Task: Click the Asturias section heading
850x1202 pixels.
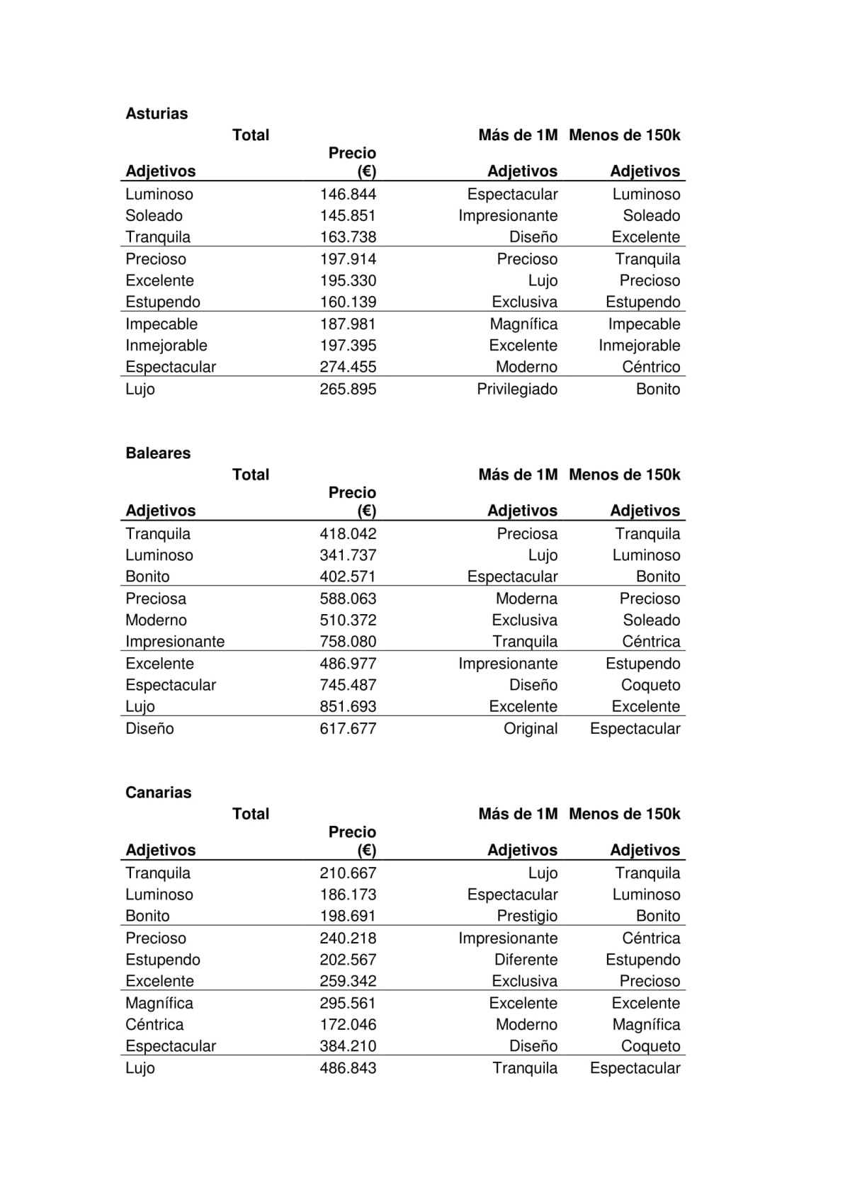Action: click(x=157, y=113)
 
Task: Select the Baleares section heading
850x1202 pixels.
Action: click(x=158, y=453)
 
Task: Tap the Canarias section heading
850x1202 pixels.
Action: click(x=158, y=792)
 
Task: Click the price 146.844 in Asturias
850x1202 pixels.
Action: click(x=348, y=194)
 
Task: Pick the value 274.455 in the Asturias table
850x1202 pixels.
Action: click(x=348, y=367)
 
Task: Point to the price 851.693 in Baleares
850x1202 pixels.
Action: click(x=348, y=706)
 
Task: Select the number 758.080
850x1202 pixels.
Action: click(x=348, y=641)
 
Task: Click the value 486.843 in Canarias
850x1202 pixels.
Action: click(x=348, y=1067)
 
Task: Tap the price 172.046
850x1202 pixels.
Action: click(x=348, y=1024)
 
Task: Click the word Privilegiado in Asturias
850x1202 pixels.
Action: click(x=517, y=389)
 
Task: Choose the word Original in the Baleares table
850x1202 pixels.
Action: click(x=531, y=728)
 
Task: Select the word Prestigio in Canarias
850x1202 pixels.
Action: click(x=527, y=916)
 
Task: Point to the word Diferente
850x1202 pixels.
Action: click(x=526, y=960)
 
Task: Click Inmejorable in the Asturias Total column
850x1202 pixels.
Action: click(x=166, y=346)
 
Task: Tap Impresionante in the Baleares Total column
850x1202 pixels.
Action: click(x=175, y=641)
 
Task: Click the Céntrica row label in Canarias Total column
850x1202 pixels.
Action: click(x=154, y=1024)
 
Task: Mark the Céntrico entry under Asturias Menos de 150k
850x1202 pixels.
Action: click(x=651, y=367)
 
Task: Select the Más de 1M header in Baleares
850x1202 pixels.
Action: click(x=518, y=475)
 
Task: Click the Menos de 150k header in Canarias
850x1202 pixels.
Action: click(x=624, y=814)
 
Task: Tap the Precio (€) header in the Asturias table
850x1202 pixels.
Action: click(x=353, y=162)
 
